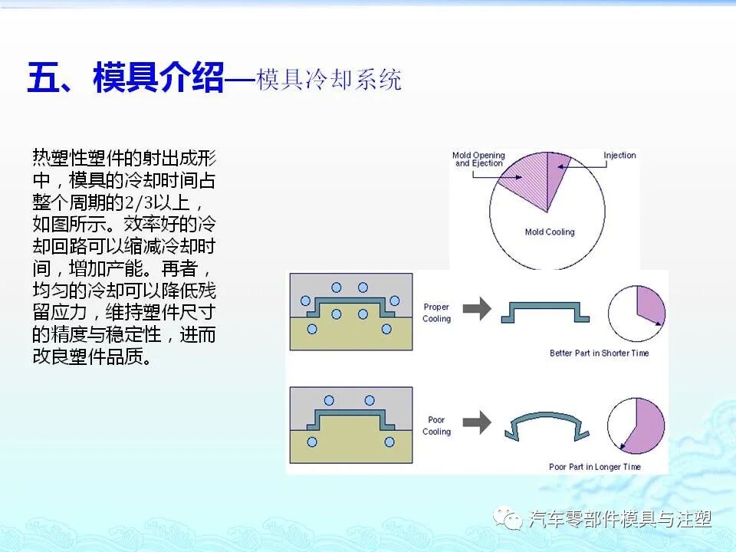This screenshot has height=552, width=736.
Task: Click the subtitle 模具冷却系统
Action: click(x=329, y=80)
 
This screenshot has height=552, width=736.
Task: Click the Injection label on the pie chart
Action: click(x=619, y=156)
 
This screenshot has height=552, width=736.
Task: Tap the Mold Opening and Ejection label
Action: click(x=478, y=159)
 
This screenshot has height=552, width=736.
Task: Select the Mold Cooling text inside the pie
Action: click(x=549, y=232)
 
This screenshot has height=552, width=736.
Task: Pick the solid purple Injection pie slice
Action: click(x=557, y=172)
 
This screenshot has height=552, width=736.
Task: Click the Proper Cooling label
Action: click(x=436, y=313)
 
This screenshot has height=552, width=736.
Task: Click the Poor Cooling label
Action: click(x=436, y=426)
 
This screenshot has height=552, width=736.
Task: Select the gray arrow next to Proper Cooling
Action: click(x=478, y=309)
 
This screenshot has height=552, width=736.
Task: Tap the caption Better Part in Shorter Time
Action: click(x=599, y=353)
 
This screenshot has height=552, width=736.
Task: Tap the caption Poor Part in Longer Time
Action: click(x=595, y=466)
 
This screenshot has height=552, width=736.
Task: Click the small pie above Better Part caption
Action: click(x=636, y=311)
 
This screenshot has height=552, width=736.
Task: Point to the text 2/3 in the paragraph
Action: click(x=127, y=202)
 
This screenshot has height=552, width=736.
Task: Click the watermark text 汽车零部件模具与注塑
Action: click(x=619, y=519)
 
